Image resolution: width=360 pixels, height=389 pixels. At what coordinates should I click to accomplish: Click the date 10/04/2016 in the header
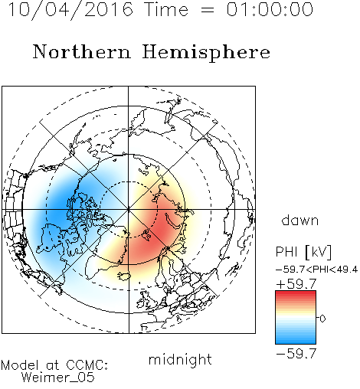(71, 10)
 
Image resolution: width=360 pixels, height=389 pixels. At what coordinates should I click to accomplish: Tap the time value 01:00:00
(270, 9)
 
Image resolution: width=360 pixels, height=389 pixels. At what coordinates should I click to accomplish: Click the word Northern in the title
(82, 51)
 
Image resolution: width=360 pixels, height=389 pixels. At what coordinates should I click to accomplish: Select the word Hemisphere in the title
(206, 53)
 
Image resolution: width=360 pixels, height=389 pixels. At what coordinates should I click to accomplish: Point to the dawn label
(300, 220)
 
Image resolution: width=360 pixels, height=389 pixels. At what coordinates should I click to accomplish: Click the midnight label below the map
(180, 360)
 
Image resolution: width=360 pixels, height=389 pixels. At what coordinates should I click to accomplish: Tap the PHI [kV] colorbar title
(303, 252)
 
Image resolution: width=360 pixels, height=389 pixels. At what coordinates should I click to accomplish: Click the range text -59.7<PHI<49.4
(316, 270)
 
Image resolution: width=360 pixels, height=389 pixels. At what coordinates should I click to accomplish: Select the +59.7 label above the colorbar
(296, 284)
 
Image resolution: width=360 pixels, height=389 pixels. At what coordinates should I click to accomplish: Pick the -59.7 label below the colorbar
(296, 353)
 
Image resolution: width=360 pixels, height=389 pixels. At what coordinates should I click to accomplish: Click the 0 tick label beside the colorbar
(322, 319)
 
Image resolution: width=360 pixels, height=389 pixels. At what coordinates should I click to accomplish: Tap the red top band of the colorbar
(296, 294)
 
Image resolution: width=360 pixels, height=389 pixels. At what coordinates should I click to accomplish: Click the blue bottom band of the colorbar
(296, 341)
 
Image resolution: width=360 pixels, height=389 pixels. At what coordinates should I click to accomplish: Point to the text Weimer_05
(58, 378)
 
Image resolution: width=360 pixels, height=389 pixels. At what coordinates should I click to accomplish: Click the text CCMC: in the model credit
(87, 365)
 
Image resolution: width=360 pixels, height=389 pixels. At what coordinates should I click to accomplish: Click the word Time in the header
(166, 10)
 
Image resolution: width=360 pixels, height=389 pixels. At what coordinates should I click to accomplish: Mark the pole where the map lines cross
(129, 210)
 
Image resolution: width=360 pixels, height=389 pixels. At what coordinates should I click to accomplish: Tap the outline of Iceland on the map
(124, 276)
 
